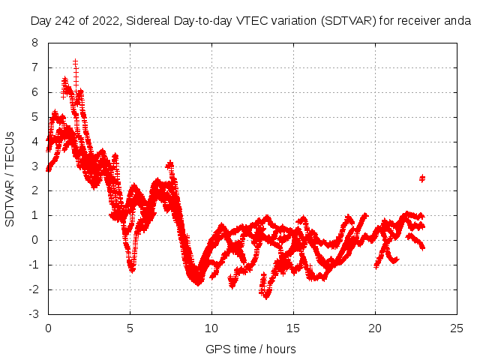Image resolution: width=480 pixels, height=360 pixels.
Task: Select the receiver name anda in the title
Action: coord(457,22)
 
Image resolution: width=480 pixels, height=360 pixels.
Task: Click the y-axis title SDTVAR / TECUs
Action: coord(10,178)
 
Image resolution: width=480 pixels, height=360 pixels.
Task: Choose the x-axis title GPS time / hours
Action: coord(250,349)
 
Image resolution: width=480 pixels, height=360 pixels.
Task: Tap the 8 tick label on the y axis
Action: coord(34,43)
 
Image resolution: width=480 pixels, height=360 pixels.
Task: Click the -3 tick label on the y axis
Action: coord(32,314)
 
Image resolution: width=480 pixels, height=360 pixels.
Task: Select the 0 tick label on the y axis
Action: coord(34,240)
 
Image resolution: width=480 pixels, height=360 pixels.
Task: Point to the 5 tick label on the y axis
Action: coord(34,117)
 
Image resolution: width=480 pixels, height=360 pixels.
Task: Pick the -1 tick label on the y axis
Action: coord(32,265)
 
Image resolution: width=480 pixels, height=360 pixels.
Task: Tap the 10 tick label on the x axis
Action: coord(211,328)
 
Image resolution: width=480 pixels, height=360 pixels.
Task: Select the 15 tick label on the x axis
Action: coord(293,328)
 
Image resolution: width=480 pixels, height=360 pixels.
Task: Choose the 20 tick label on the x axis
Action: coord(375,328)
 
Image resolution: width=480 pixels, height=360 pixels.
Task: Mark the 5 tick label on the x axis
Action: coord(130,328)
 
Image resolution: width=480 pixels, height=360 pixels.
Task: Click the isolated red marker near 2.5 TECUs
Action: coord(422,178)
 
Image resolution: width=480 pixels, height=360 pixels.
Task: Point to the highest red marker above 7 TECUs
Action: coord(76,61)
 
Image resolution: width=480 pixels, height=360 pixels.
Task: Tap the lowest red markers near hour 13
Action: coord(265,295)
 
